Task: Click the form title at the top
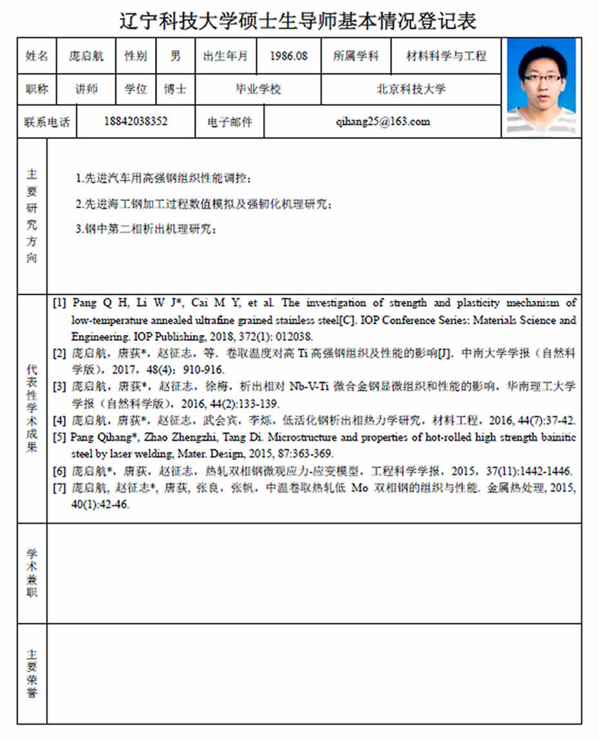point(298,21)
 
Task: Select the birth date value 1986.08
point(289,56)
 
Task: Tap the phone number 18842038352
point(135,121)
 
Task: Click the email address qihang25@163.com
point(383,121)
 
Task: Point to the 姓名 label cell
point(37,56)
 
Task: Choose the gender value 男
point(175,56)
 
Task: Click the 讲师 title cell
point(86,89)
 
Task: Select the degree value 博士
point(175,89)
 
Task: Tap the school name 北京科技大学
point(411,89)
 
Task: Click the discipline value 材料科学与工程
point(446,56)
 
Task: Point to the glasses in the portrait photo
point(542,77)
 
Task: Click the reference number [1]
point(59,303)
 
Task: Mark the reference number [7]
point(59,488)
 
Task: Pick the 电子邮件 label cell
point(230,122)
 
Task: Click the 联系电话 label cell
point(47,122)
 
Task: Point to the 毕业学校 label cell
point(258,89)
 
